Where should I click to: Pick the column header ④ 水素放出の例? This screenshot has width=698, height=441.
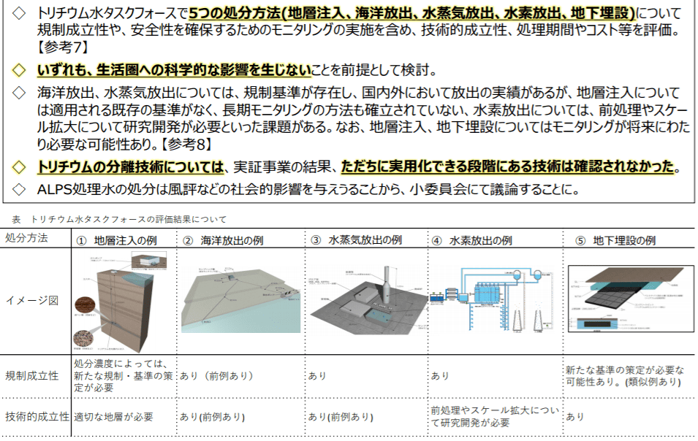(x=476, y=240)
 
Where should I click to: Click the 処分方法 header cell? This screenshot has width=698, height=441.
(x=28, y=239)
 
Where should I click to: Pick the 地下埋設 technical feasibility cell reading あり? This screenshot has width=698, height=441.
(x=575, y=417)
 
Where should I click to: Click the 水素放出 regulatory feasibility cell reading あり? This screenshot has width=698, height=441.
(x=441, y=376)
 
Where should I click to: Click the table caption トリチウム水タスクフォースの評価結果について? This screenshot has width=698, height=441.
(x=129, y=218)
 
